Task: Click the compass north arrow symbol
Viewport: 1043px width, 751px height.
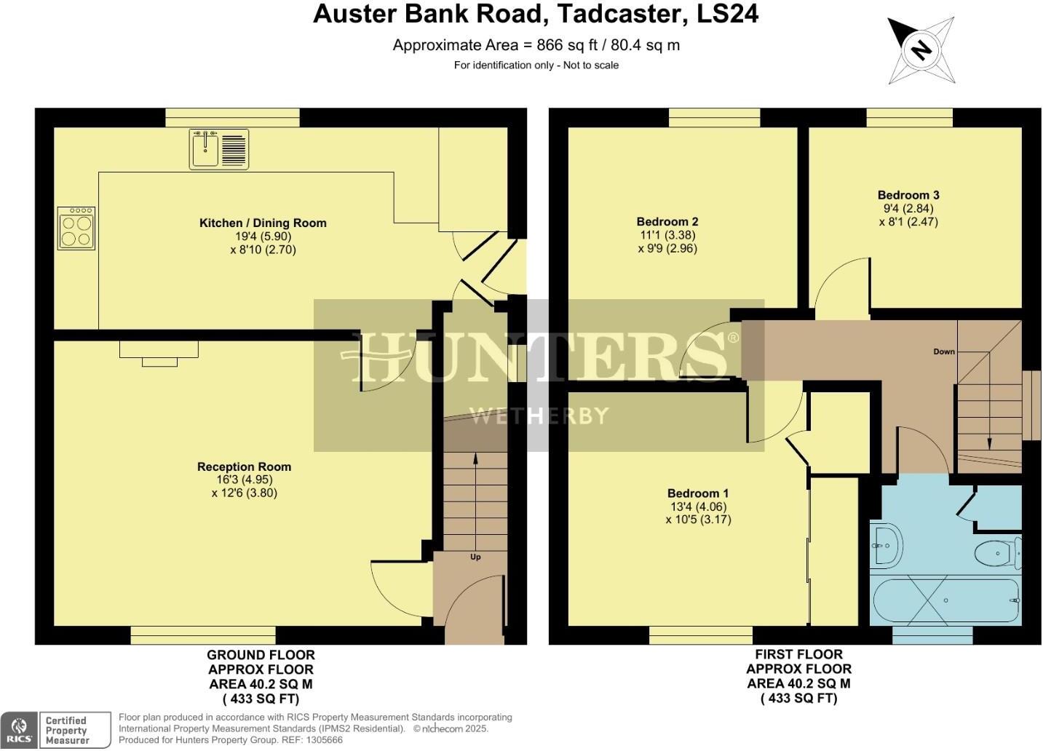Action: coord(921,50)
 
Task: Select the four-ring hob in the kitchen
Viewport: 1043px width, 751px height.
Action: coord(76,229)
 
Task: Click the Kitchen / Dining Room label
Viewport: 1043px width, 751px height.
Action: coord(263,223)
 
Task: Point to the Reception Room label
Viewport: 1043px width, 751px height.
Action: coord(244,466)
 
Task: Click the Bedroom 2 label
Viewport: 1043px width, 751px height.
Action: coord(667,221)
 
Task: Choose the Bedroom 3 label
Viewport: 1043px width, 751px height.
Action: coord(908,195)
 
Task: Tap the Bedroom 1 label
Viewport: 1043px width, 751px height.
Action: coord(698,493)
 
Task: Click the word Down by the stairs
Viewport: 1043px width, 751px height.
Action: coord(944,351)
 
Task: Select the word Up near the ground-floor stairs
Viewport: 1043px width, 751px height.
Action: coord(475,557)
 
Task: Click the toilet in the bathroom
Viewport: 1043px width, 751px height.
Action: coord(998,553)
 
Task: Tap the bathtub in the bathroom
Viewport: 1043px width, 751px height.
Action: coord(945,601)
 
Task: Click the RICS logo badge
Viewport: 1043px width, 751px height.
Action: coord(20,730)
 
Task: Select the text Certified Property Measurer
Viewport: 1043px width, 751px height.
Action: coord(66,730)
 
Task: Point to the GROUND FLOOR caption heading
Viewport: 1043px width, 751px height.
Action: coord(261,655)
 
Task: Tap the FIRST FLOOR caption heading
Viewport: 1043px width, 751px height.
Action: coord(798,654)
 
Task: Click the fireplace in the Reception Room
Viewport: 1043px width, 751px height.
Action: coord(159,353)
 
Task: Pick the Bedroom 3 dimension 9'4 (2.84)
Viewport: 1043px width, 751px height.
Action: coord(908,208)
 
